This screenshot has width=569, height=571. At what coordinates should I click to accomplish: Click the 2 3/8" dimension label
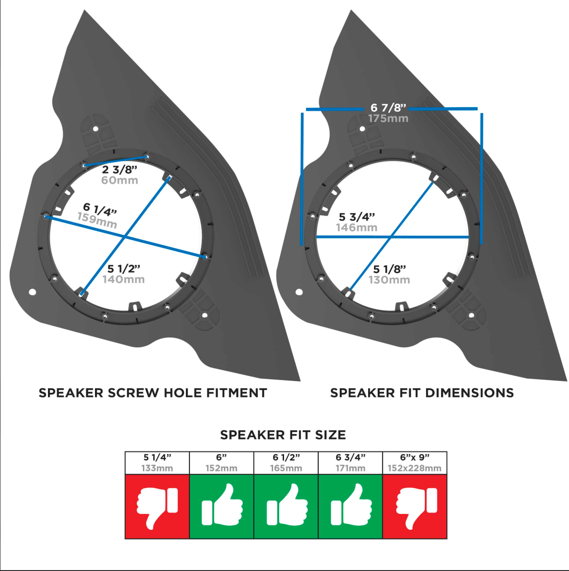click(120, 170)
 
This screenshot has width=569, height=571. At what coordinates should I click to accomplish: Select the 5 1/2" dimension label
click(123, 269)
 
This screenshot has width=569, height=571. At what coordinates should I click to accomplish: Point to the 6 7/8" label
click(388, 108)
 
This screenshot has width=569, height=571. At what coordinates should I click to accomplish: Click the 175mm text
click(388, 119)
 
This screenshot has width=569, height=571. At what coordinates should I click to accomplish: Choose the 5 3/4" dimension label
click(357, 217)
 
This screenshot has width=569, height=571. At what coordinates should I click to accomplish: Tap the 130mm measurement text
click(389, 280)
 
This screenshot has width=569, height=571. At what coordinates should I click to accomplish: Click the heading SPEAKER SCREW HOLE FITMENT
click(153, 393)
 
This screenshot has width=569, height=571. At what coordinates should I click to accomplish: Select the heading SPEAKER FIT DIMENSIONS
click(422, 393)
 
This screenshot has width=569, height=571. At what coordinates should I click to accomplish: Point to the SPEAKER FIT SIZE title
click(283, 435)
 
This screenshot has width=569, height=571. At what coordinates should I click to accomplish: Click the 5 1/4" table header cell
click(157, 463)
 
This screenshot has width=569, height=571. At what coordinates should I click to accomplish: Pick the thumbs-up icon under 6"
click(222, 504)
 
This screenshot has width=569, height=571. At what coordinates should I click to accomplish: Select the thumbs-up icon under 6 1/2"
click(287, 504)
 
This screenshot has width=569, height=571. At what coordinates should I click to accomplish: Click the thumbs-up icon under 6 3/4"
click(351, 504)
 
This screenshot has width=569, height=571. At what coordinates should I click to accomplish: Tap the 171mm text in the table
click(350, 468)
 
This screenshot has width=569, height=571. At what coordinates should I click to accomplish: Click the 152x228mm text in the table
click(415, 468)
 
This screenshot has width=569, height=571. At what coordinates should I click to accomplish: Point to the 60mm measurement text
click(120, 180)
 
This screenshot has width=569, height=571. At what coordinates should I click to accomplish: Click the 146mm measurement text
click(357, 228)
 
